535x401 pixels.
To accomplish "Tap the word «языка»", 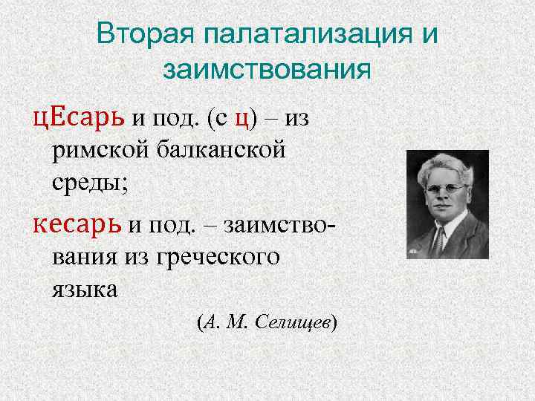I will [85, 289].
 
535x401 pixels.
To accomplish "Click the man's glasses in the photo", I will [447, 189].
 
